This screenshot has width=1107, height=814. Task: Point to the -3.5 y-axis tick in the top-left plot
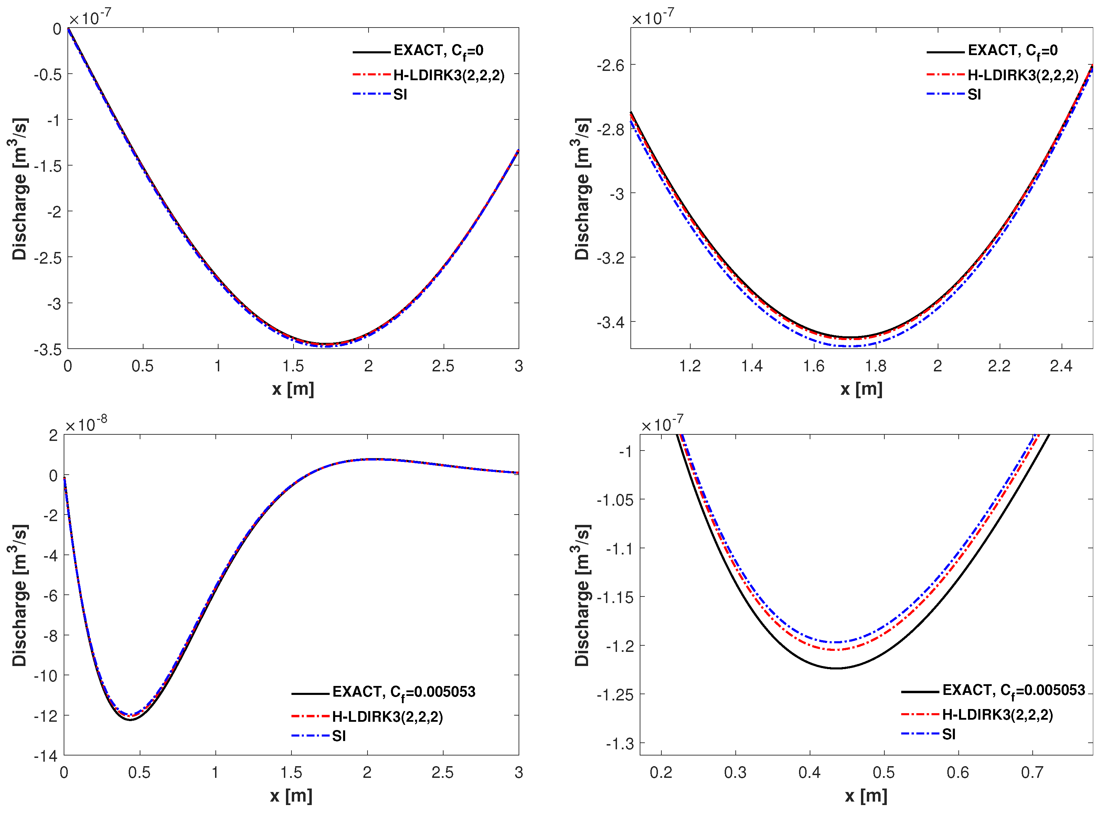pyautogui.click(x=48, y=350)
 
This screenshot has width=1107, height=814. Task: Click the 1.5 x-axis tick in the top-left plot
pyautogui.click(x=293, y=366)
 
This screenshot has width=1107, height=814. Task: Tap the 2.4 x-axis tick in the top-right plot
pyautogui.click(x=1061, y=366)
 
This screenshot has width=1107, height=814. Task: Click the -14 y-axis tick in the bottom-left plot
pyautogui.click(x=46, y=756)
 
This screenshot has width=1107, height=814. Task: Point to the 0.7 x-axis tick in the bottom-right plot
pyautogui.click(x=1032, y=773)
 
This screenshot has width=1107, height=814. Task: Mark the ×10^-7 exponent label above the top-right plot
pyautogui.click(x=653, y=18)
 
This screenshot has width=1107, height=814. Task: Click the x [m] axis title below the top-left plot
pyautogui.click(x=293, y=389)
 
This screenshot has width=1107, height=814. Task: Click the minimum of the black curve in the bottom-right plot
pyautogui.click(x=837, y=668)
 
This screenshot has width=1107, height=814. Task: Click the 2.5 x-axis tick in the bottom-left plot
pyautogui.click(x=443, y=773)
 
